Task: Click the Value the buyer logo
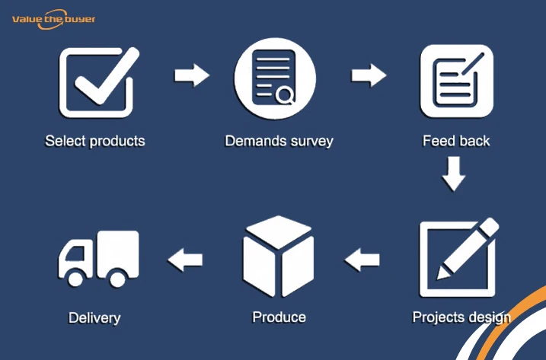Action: point(53,19)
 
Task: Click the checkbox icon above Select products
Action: point(97,81)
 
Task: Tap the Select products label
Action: point(95,141)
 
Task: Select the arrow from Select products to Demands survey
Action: point(191,75)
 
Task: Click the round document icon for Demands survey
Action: point(274,81)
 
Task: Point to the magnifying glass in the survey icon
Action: point(285,95)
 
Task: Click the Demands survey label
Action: point(279,141)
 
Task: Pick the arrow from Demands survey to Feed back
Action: point(369,75)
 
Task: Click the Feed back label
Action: point(457,141)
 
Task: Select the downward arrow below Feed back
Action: point(454,173)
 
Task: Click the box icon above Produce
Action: point(278,256)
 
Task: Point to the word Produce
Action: point(279,317)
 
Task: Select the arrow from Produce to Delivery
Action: point(185,260)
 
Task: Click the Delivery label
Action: point(94,317)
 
